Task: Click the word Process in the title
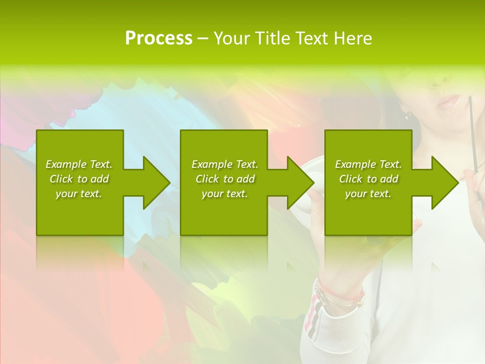point(159,38)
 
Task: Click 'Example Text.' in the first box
point(79,164)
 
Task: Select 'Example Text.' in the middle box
point(225,164)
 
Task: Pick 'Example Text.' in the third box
point(368,164)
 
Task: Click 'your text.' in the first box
point(79,194)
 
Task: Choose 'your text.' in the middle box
point(225,194)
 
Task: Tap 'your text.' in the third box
point(368,194)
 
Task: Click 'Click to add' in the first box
point(79,179)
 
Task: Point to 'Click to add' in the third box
point(368,179)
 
